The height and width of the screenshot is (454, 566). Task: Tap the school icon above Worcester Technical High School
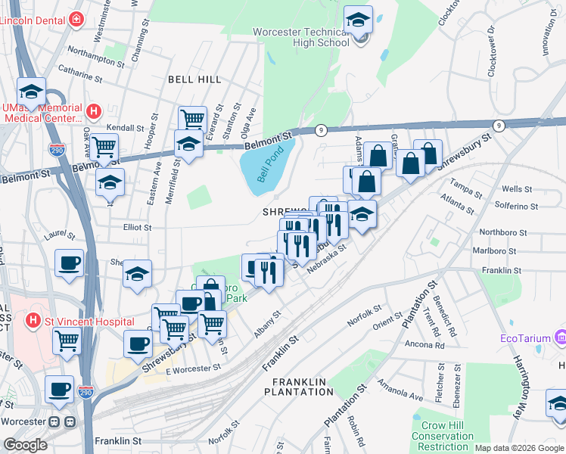click(358, 22)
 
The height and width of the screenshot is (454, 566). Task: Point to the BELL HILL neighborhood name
click(194, 79)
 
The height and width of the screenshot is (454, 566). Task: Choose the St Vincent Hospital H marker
click(33, 322)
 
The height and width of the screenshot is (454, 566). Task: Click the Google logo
click(25, 445)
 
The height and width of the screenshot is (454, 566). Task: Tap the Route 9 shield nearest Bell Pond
click(321, 130)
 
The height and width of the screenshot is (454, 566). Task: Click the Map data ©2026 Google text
click(518, 448)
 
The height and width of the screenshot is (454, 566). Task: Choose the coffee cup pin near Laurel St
click(70, 263)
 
